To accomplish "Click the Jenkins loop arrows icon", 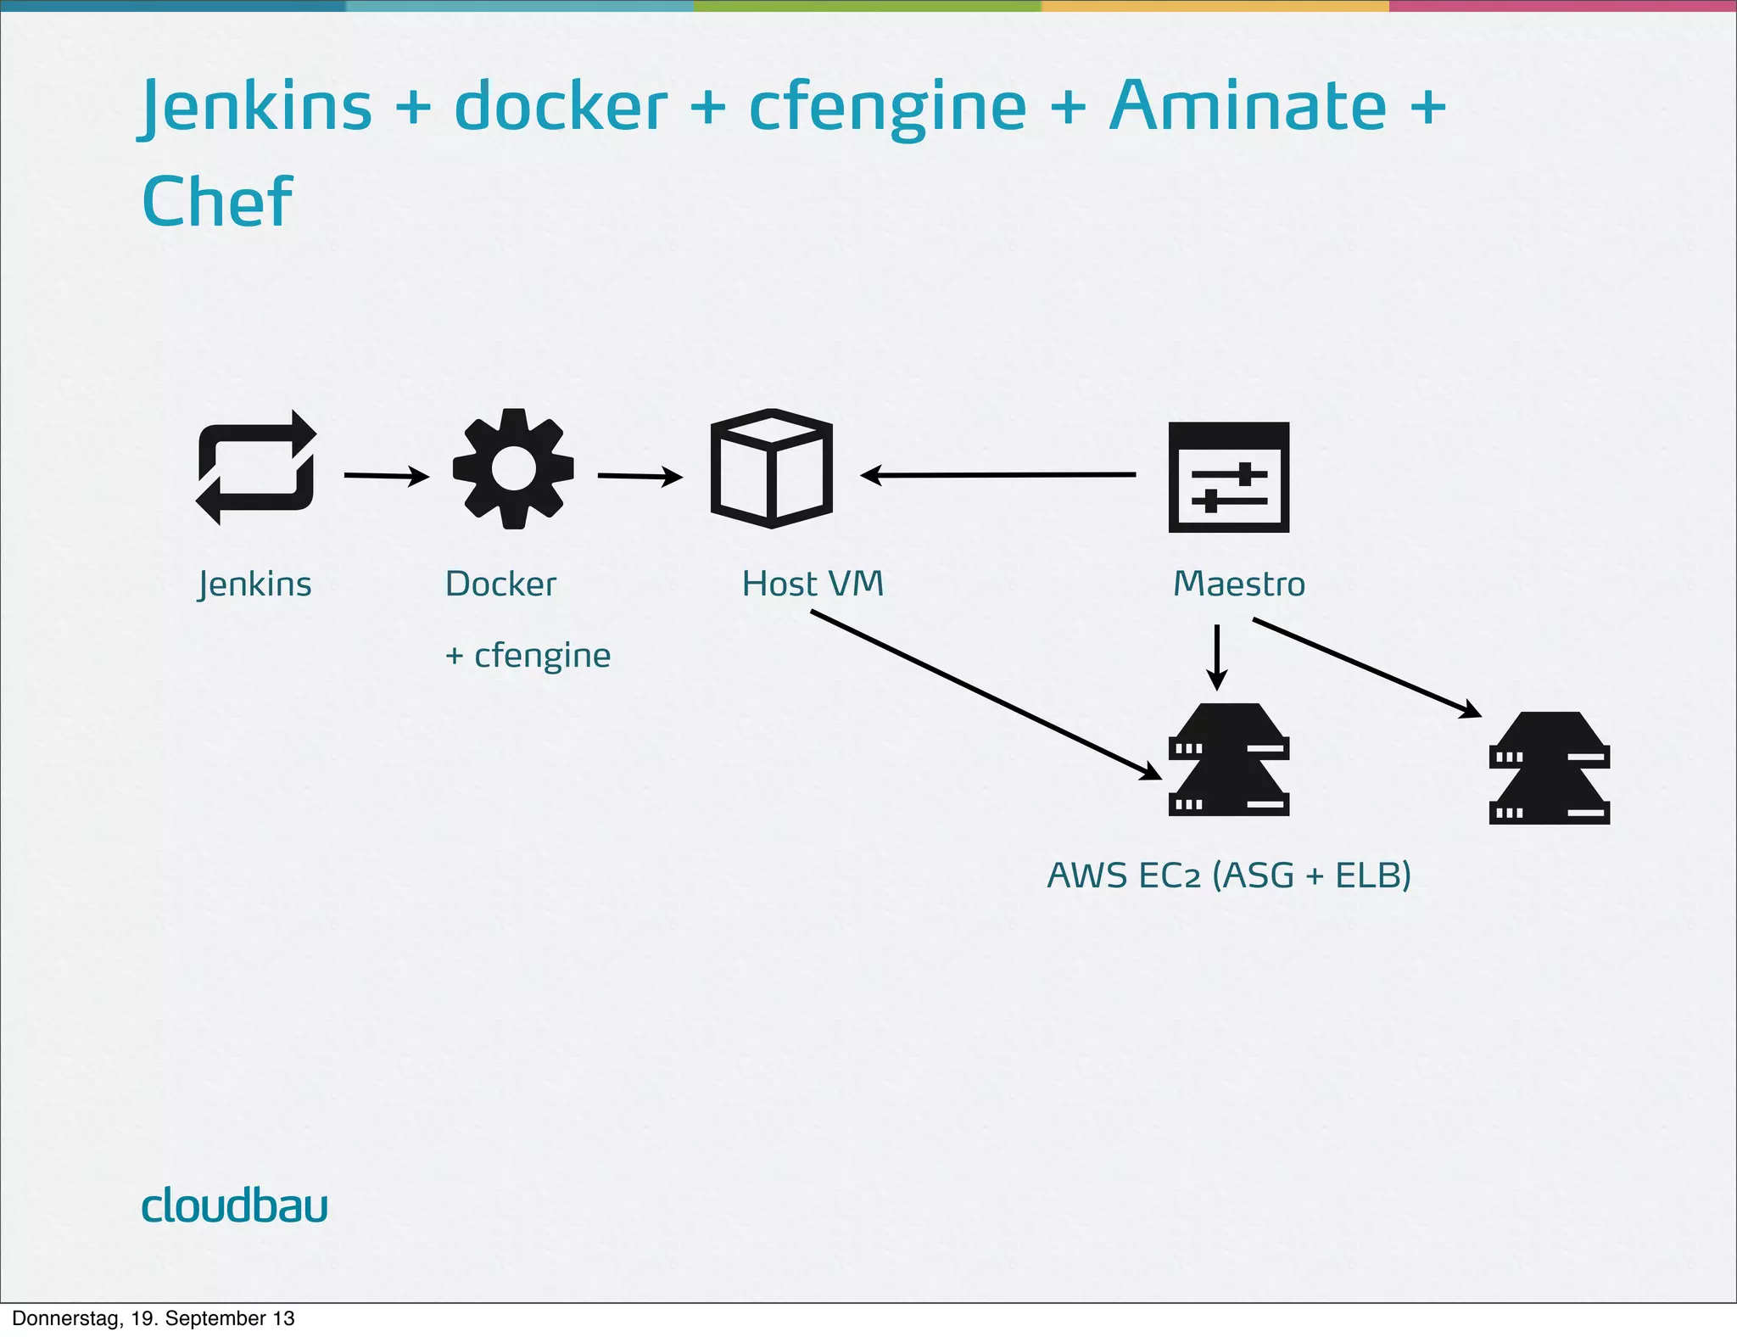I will click(256, 468).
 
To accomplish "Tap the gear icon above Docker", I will click(513, 468).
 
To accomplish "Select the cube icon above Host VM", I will click(771, 468).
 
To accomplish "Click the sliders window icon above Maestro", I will click(1228, 477).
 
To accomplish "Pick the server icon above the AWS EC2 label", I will click(1228, 759).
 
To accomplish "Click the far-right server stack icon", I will click(1549, 768).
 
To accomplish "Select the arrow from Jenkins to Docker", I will click(386, 476).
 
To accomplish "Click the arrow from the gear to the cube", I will click(640, 476).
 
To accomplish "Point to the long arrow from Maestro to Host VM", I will click(997, 475).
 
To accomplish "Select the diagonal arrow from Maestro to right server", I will click(1366, 668).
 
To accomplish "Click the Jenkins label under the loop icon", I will click(254, 585).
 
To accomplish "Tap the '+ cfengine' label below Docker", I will click(528, 656).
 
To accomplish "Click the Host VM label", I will click(813, 584).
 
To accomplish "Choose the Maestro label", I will click(1238, 584).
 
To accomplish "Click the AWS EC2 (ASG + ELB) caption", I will click(1228, 875).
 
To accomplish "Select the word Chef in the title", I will click(217, 202).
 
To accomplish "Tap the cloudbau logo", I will click(234, 1206).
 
